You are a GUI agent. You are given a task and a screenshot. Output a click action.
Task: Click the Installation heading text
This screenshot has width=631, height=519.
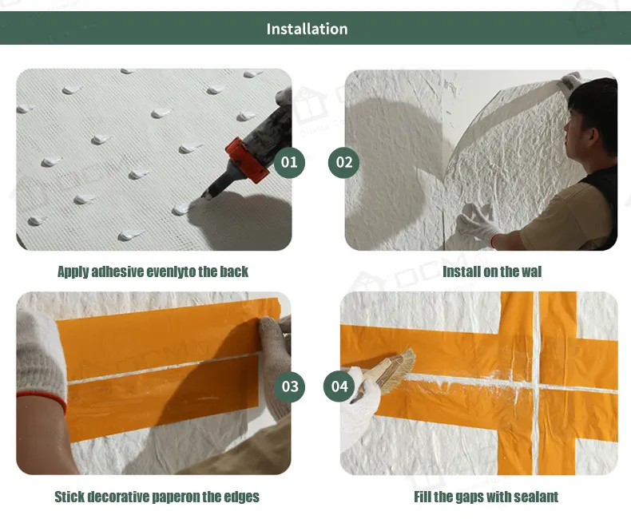coord(307,29)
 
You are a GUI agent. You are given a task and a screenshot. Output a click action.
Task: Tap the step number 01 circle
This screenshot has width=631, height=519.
coord(289,163)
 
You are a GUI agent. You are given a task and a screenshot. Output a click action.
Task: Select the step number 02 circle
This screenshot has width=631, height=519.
coord(344,163)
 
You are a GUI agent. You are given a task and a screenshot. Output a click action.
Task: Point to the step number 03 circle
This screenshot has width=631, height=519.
coord(290,386)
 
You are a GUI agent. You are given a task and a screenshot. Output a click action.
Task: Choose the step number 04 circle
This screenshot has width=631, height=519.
coord(339,386)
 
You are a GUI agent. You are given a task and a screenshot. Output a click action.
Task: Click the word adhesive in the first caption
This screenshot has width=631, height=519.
coord(117,271)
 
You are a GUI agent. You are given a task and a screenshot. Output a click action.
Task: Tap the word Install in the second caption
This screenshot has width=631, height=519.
coord(458,271)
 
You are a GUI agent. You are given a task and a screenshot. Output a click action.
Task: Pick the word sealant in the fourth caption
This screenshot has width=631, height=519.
coord(538,497)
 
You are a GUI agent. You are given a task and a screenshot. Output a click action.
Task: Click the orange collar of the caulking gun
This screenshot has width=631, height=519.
coord(247,160)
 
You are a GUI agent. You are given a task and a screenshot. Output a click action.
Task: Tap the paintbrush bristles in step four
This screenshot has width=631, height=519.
coord(399,370)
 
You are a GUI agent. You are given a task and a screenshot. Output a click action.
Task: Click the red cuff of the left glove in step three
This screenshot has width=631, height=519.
coord(42,399)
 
